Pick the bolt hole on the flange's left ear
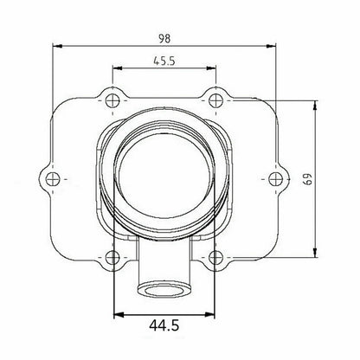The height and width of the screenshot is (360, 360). [55, 178]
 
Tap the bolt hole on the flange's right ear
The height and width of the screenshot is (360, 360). [275, 178]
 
